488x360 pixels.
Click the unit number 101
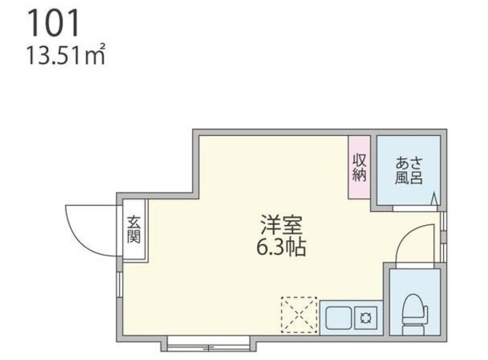point(53,24)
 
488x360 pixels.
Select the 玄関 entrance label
point(134,230)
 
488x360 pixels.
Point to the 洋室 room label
point(283,227)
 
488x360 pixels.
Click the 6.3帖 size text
point(283,248)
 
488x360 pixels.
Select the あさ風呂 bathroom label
point(409,171)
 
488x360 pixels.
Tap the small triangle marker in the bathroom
point(435,201)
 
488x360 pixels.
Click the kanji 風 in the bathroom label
point(403,178)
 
